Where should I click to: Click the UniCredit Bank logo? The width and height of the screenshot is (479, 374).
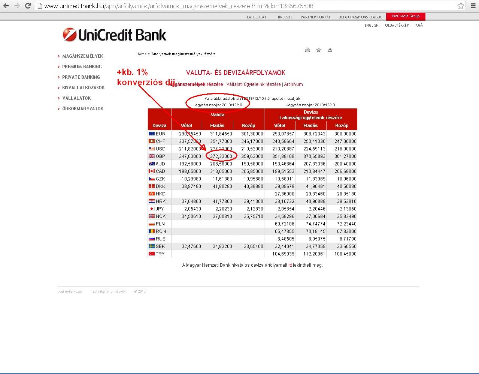pos(114,35)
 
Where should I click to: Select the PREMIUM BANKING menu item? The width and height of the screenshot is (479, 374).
pos(82,67)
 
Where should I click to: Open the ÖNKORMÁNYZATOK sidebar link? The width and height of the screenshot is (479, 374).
pos(83,109)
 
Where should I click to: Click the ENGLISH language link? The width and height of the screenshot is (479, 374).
pos(372,26)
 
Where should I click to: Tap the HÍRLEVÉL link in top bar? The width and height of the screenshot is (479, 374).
pos(284,17)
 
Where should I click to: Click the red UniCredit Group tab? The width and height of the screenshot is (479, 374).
pos(406,16)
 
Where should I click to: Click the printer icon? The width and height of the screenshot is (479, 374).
pos(307,50)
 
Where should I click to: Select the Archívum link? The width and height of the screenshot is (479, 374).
pos(293,84)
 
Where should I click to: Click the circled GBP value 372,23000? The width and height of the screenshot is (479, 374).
pos(221,156)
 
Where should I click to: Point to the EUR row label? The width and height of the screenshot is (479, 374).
pos(160,134)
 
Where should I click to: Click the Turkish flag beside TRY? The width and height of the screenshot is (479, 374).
pos(152,254)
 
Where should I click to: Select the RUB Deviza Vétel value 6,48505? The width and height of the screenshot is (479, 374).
pos(284,239)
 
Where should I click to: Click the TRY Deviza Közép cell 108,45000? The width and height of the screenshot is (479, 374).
pos(345,254)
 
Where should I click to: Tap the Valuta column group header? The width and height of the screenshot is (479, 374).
pos(218,115)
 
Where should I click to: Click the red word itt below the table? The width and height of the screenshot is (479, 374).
pos(290,265)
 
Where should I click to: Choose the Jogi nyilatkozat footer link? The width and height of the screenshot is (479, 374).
pos(70,291)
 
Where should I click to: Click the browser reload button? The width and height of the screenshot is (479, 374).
pos(28,6)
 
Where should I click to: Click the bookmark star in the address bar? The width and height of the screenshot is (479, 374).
pos(461,6)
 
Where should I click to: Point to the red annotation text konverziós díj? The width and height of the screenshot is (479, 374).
pos(146,82)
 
